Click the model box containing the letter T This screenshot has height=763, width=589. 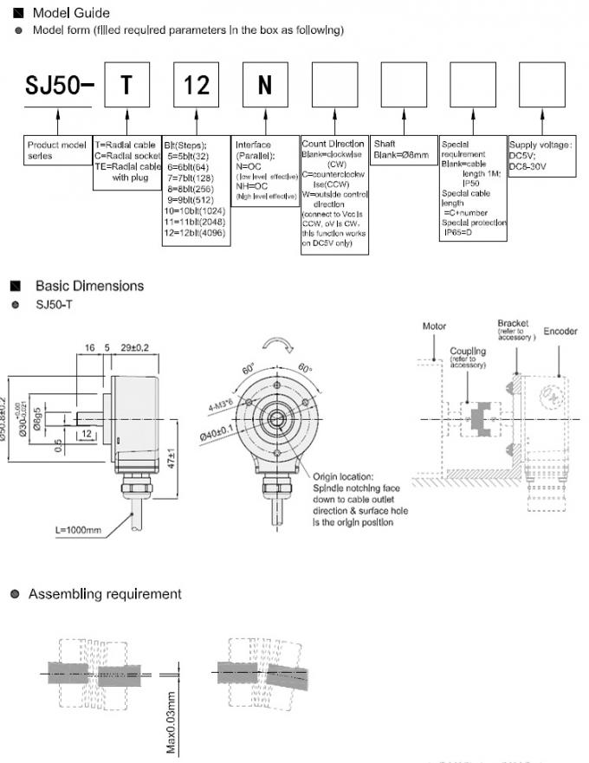(x=127, y=85)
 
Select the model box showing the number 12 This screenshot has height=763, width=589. (x=196, y=85)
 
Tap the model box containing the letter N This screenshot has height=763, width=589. (x=265, y=85)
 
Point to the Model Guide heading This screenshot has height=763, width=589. (x=71, y=13)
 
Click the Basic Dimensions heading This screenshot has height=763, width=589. (x=89, y=286)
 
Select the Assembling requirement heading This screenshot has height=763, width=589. (x=105, y=594)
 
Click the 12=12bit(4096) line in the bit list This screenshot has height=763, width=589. (x=196, y=233)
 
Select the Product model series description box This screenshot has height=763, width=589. (x=57, y=151)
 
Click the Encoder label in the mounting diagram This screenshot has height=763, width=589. (x=560, y=332)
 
